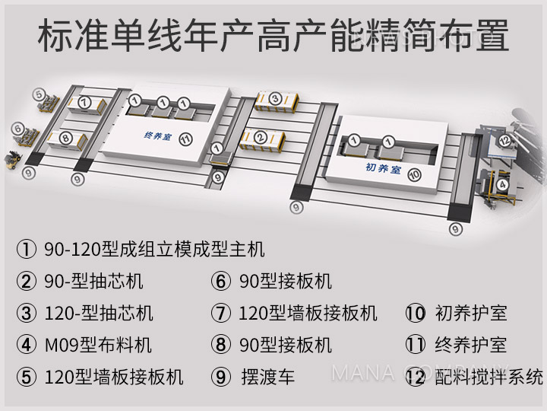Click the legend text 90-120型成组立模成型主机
(x=152, y=248)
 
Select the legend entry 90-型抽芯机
(x=94, y=281)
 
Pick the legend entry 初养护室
(x=470, y=312)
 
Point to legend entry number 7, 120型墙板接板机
(x=308, y=312)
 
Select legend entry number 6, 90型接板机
(x=285, y=281)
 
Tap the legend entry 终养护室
(x=470, y=344)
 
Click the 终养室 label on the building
(x=158, y=136)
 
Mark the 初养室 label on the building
(x=382, y=169)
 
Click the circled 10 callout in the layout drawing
(x=413, y=174)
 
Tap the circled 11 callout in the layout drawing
(x=185, y=138)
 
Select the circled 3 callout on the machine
(x=275, y=98)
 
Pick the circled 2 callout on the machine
(x=261, y=138)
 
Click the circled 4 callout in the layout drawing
(x=501, y=184)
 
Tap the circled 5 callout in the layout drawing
(x=39, y=94)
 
